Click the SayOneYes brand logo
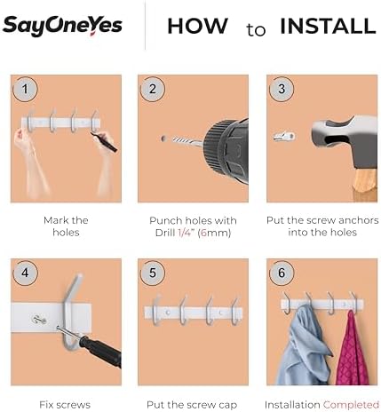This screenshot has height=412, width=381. pos(62,26)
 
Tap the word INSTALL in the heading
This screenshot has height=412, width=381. pos(328,26)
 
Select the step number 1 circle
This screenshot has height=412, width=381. pos(25,89)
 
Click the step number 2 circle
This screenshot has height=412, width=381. pos(153,89)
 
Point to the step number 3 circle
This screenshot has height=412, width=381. pos(282,89)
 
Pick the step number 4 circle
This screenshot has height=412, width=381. pos(25,273)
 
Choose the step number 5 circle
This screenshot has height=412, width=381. pos(153,273)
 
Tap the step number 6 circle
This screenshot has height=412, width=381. pos(282,273)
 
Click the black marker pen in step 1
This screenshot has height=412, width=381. pos(104,143)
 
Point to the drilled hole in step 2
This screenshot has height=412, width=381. pos(163,139)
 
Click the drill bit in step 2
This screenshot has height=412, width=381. pos(187,141)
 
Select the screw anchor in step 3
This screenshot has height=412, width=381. pos(284,137)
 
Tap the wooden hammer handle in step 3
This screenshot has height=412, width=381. pos(364,184)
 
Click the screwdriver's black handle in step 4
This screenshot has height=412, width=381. pos(100,352)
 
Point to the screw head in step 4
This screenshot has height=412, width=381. pos(38,320)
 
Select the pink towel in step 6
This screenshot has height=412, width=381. pos(353,350)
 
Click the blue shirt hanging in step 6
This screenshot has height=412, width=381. pos(305,346)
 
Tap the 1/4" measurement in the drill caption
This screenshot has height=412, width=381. pos(186,233)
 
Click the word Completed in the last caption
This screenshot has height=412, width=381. pos(351,404)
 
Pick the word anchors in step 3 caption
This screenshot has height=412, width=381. pos(359,220)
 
